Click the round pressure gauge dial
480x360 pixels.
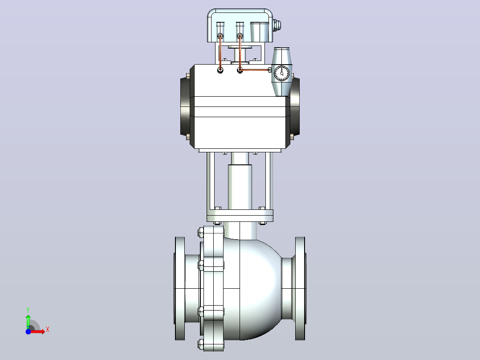(x=281, y=73)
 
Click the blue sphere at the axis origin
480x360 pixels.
(x=28, y=331)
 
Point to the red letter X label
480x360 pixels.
(x=48, y=330)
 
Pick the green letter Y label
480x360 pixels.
(x=28, y=310)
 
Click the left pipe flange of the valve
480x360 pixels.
(x=180, y=288)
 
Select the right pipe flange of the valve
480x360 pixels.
(x=300, y=288)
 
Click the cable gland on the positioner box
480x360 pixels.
(x=277, y=25)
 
